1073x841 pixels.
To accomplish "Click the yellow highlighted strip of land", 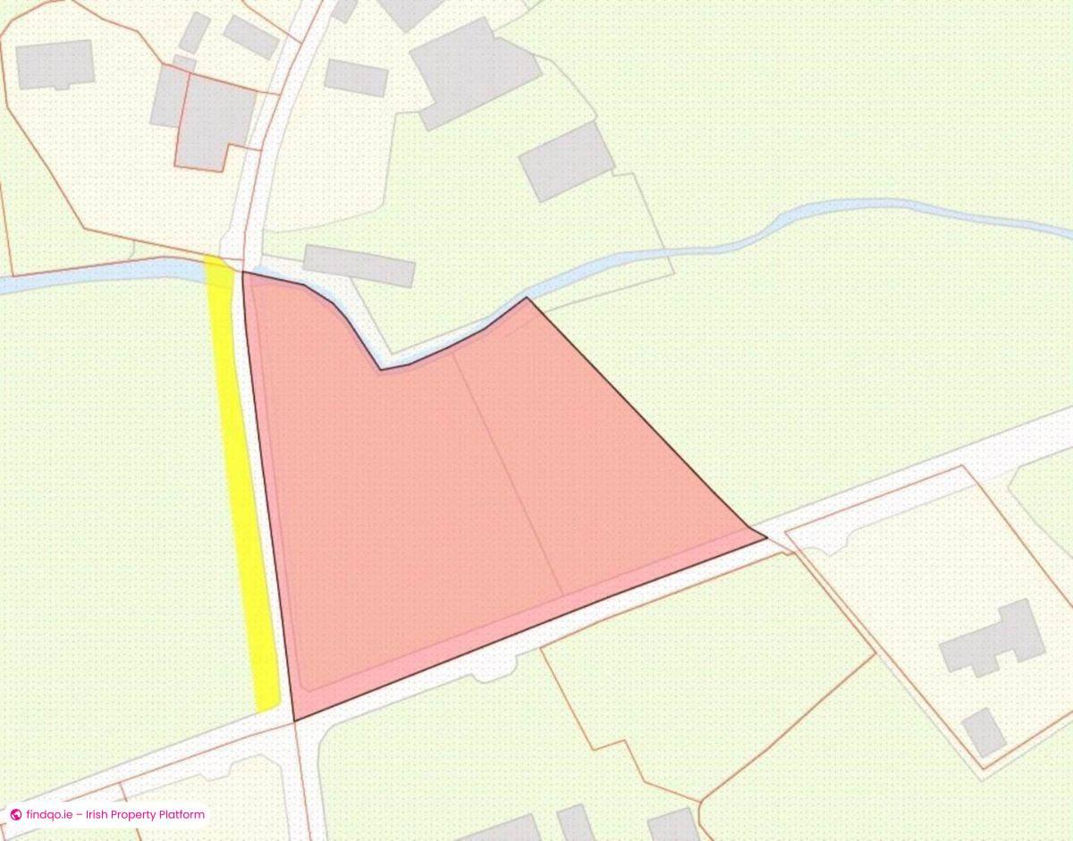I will click(241, 483).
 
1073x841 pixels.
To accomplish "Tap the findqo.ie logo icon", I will click(15, 815).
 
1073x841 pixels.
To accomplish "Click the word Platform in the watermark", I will click(180, 815).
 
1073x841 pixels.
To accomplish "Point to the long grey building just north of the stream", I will click(359, 265).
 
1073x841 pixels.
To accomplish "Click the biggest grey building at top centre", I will click(474, 71).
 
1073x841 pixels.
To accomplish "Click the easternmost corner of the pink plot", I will click(765, 538).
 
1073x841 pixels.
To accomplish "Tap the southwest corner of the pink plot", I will click(294, 719).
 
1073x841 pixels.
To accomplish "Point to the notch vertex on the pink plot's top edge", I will click(382, 369).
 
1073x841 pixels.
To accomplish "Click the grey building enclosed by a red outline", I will click(215, 121).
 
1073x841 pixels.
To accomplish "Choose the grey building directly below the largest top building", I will click(567, 161).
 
